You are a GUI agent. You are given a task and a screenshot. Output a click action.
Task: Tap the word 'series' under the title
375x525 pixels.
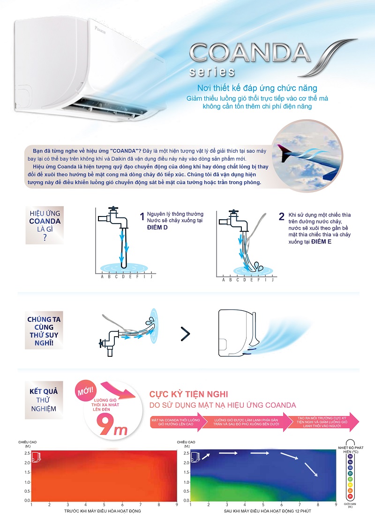(212, 72)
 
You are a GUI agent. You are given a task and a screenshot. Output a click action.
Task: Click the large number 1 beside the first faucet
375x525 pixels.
(142, 217)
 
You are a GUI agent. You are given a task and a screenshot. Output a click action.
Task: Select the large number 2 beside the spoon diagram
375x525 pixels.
(281, 216)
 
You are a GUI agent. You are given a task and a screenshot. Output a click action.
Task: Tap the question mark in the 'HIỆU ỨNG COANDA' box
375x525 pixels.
(45, 238)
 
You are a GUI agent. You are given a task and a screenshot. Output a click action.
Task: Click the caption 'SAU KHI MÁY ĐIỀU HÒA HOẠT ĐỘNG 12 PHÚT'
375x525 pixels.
(263, 510)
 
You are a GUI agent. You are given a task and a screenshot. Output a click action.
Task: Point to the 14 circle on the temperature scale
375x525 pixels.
(350, 456)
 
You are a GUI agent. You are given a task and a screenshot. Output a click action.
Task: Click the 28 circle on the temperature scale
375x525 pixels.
(350, 496)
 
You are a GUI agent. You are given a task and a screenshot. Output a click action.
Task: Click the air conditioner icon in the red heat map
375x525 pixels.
(36, 456)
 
